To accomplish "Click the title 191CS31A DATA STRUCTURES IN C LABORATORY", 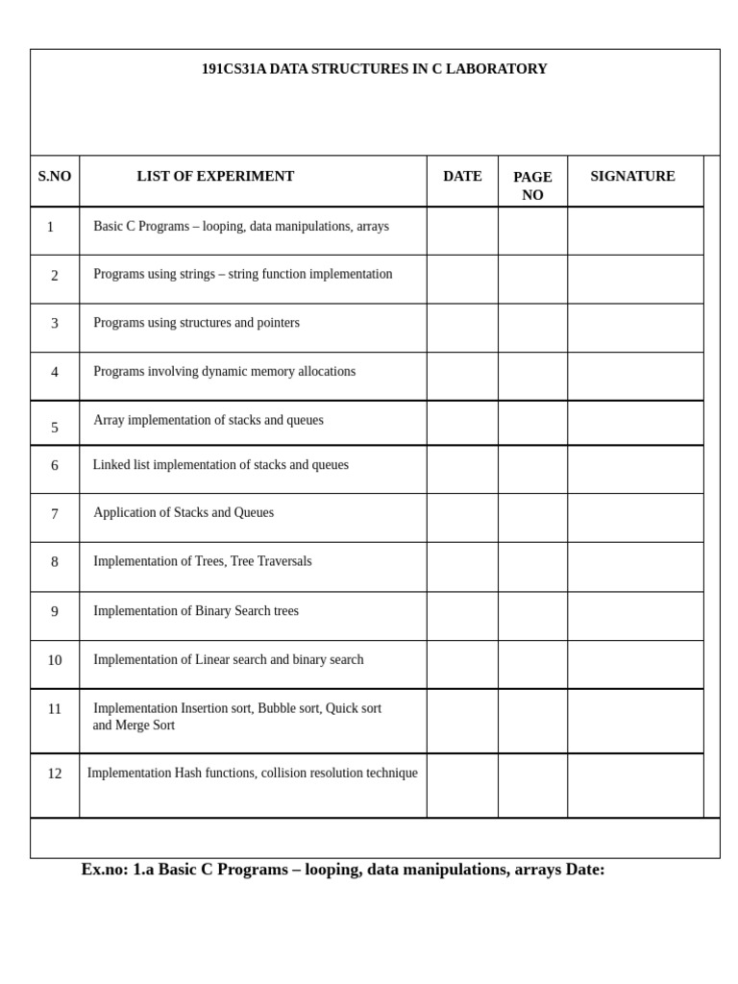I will coord(374,69).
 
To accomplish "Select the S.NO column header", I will coord(55,177).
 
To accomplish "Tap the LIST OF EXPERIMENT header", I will coord(215,177).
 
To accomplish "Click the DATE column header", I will coord(462,177).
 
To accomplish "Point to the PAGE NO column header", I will coord(532,185).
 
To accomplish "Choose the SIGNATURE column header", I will coord(632,177).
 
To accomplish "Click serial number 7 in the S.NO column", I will coord(55,514).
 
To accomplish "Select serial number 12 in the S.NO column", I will coord(55,774).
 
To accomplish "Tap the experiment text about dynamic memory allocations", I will coord(224,372).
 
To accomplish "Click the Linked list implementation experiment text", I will coord(220,465).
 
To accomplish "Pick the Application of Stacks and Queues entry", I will coord(184,513).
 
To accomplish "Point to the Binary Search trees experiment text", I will coord(196,611).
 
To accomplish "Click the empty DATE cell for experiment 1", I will coord(462,231).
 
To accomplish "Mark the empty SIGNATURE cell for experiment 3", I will coord(634,328).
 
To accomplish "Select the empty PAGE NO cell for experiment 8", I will coord(532,567).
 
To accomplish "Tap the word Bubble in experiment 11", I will coord(277,709).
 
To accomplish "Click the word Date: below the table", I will coord(585,870).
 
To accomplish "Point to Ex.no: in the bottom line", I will coord(105,870).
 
